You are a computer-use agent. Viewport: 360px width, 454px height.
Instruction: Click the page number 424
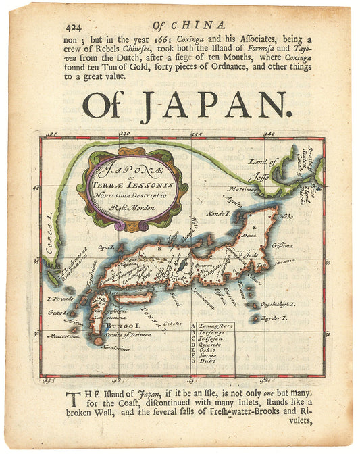pyautogui.click(x=75, y=28)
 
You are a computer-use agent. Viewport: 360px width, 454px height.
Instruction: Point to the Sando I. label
pyautogui.click(x=215, y=213)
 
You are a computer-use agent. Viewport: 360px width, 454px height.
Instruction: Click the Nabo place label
pyautogui.click(x=286, y=217)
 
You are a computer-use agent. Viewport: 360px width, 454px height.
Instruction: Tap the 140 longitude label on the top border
pyautogui.click(x=269, y=134)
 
